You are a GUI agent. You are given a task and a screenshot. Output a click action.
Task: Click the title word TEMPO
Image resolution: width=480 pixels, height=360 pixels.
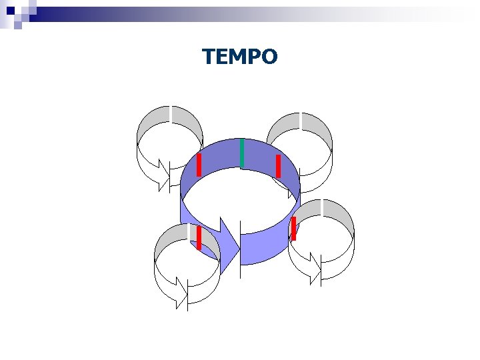pyautogui.click(x=240, y=57)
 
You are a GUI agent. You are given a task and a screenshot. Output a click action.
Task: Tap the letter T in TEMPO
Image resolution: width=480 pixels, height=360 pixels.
pyautogui.click(x=209, y=57)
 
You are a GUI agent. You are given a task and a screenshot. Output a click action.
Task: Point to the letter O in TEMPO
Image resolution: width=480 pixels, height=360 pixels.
pyautogui.click(x=269, y=57)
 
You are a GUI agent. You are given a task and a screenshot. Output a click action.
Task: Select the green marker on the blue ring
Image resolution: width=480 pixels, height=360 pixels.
pyautogui.click(x=242, y=153)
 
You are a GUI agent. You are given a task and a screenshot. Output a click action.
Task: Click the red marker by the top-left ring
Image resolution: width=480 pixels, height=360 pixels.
pyautogui.click(x=199, y=165)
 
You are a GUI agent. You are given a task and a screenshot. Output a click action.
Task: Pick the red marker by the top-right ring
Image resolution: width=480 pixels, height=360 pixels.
pyautogui.click(x=278, y=166)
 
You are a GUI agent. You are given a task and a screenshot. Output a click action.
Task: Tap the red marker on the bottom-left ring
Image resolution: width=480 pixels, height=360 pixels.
pyautogui.click(x=199, y=237)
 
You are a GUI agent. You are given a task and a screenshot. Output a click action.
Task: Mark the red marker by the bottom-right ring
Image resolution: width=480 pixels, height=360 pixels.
pyautogui.click(x=293, y=228)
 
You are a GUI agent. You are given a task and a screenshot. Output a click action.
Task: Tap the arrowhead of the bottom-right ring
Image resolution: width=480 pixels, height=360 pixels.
pyautogui.click(x=315, y=268)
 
